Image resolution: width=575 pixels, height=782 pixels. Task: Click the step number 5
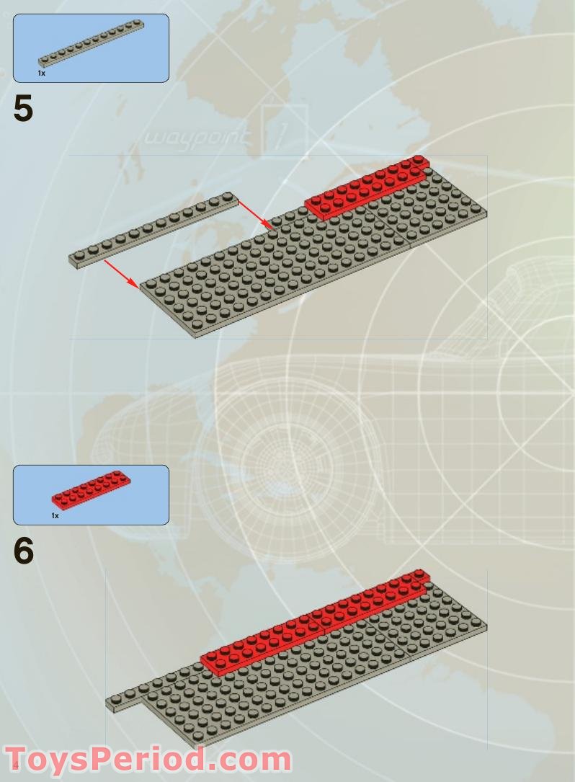(23, 108)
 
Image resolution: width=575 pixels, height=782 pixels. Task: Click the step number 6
(24, 551)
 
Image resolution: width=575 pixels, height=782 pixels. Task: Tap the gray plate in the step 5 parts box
(91, 43)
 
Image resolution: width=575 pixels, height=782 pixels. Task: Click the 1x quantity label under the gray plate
(41, 74)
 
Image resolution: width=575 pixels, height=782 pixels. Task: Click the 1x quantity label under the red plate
(55, 515)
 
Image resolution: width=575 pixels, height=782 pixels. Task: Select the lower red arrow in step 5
(122, 274)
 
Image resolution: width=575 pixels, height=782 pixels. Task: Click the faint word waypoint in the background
(196, 136)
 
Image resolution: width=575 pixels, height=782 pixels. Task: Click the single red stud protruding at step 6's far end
(420, 574)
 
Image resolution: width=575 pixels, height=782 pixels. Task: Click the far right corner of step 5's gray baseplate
(486, 211)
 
